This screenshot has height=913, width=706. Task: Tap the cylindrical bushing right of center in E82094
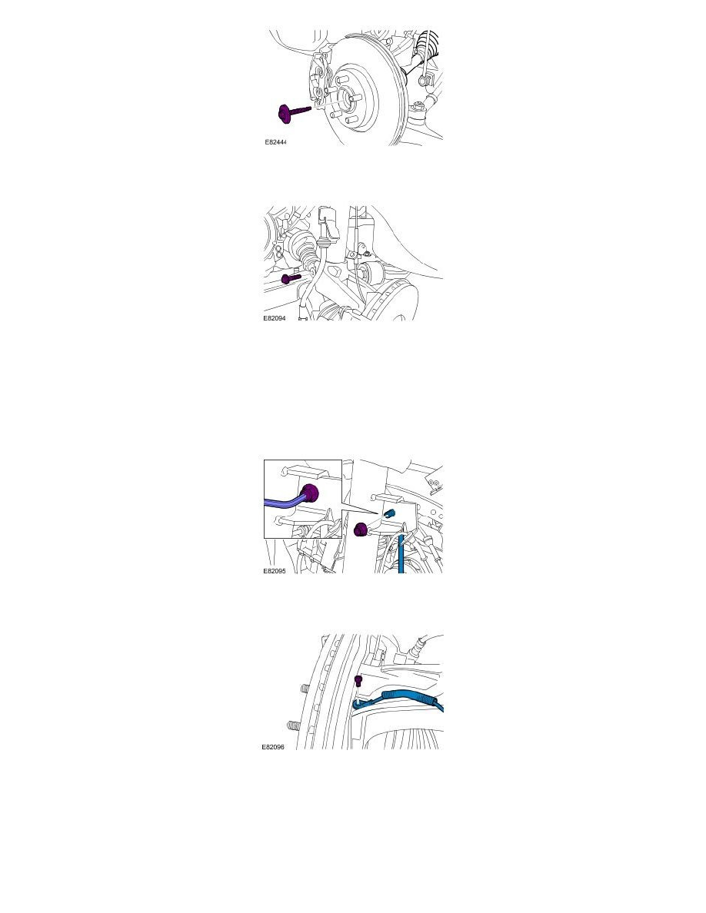(x=376, y=273)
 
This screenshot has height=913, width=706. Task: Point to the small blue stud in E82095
(x=389, y=513)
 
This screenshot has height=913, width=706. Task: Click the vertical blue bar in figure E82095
(x=401, y=553)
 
